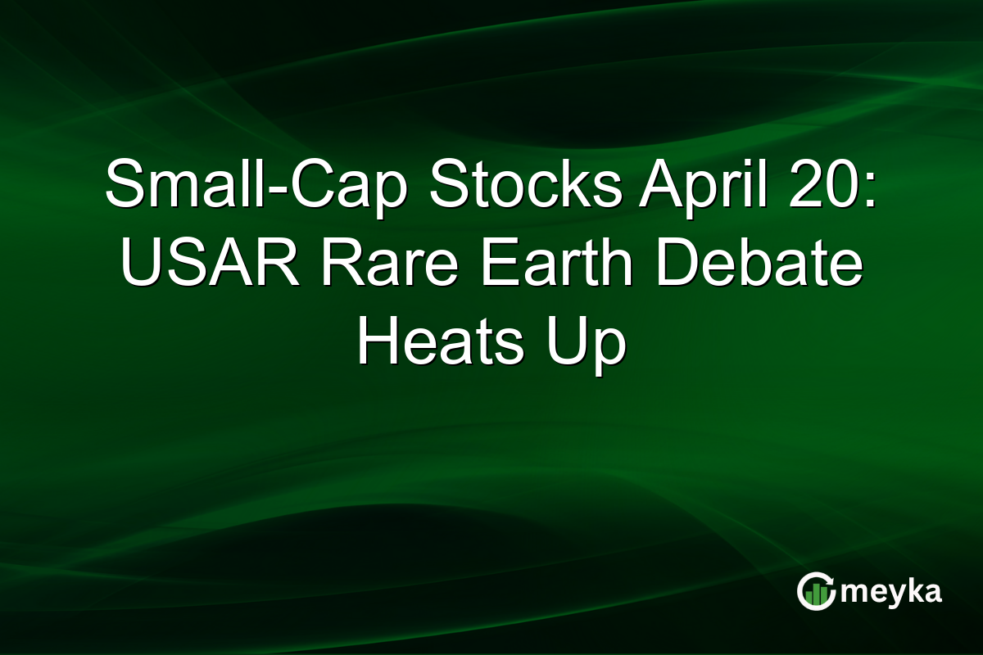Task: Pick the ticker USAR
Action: tap(210, 261)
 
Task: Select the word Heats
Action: tap(441, 341)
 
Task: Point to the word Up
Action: tap(586, 346)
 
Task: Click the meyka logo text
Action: tap(891, 592)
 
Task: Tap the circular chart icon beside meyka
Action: tap(816, 591)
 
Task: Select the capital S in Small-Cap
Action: tap(126, 183)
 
